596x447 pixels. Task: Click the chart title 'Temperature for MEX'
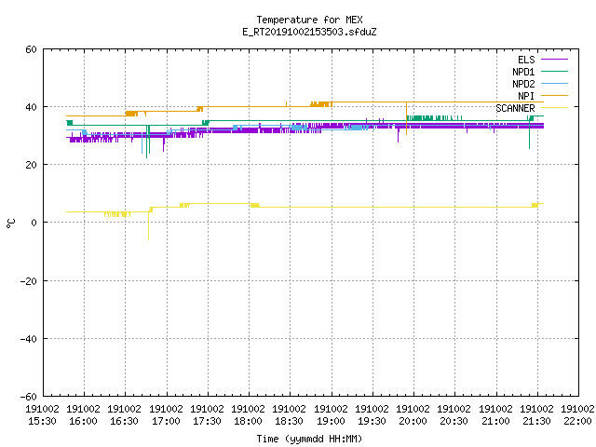point(309,20)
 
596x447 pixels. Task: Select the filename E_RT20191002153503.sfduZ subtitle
point(309,32)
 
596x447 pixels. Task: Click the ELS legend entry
point(542,60)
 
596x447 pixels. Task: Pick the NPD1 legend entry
point(540,72)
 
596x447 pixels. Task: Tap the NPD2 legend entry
point(540,84)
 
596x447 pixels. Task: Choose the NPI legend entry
point(542,96)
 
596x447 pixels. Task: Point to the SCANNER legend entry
point(532,108)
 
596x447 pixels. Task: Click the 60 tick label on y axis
point(31,49)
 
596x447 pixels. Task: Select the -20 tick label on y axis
point(29,281)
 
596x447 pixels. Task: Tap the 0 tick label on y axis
point(34,223)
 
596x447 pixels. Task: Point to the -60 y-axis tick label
point(29,397)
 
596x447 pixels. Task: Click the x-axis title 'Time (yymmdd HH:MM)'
point(309,439)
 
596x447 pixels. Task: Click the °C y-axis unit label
point(11,223)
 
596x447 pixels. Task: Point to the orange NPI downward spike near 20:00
point(406,118)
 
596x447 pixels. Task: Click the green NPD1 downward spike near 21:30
point(530,135)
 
